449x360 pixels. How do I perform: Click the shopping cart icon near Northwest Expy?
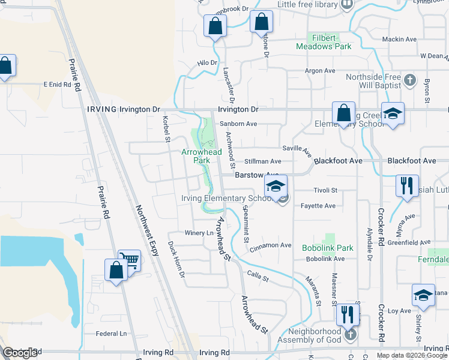point(129,260)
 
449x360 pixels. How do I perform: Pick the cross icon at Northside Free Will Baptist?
point(409,80)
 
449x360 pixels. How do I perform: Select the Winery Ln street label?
point(199,233)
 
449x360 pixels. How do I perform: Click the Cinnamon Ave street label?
point(271,245)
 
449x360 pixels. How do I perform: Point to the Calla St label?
point(258,276)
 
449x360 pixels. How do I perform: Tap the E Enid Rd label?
point(57,85)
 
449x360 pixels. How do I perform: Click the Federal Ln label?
point(112,333)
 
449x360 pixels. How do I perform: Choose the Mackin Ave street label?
point(399,39)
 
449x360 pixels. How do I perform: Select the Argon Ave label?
point(320,71)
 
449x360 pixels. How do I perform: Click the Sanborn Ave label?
point(238,124)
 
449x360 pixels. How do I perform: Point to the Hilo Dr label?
point(207,63)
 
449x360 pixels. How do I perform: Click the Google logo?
point(20,353)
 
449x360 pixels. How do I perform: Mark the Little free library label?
point(307,4)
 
